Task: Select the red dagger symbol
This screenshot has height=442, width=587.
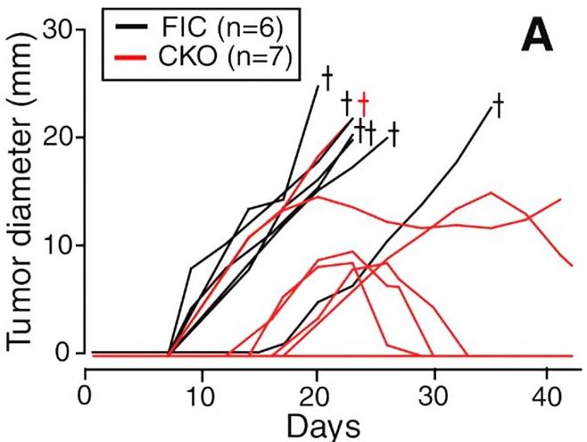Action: coord(363,103)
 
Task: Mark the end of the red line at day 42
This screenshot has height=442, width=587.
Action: coord(572,265)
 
